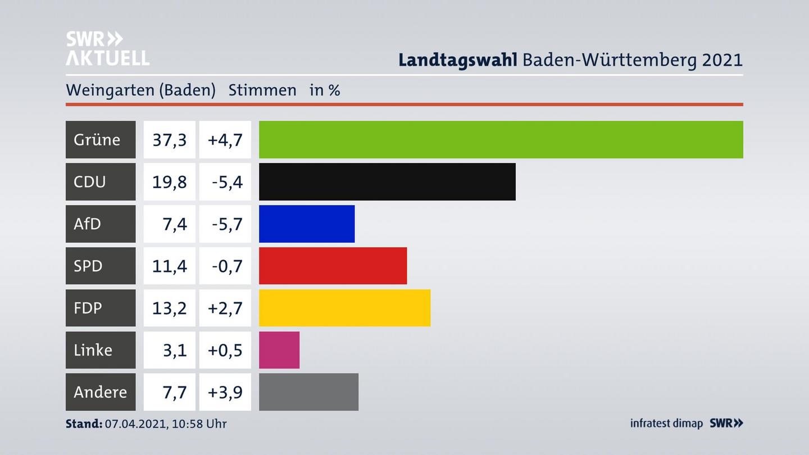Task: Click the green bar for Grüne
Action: click(501, 139)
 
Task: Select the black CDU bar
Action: click(387, 181)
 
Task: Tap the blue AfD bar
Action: click(307, 224)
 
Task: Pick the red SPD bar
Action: click(333, 266)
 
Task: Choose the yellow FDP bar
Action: click(344, 308)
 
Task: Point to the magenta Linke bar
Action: click(279, 350)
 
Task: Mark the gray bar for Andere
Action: click(308, 392)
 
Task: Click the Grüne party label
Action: click(97, 139)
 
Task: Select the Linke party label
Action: click(93, 350)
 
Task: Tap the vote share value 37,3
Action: click(169, 139)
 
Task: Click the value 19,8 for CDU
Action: click(169, 181)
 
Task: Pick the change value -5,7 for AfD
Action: click(227, 224)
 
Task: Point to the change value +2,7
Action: click(225, 308)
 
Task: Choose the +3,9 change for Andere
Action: click(225, 392)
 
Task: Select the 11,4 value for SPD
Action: click(169, 266)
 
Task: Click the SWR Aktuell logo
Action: click(107, 48)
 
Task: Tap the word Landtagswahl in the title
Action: click(457, 60)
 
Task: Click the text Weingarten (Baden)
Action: click(140, 90)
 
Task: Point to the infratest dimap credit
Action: click(666, 424)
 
